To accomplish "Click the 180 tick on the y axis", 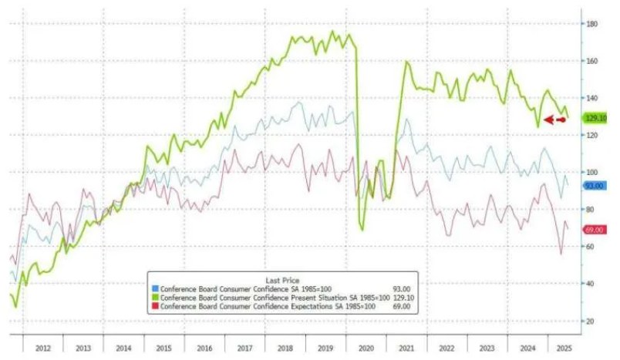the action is click(x=591, y=24).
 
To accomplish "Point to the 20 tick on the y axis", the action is click(x=590, y=321).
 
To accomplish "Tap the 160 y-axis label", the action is click(x=591, y=61).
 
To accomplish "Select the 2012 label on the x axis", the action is click(x=43, y=348).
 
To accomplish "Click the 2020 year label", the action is click(x=366, y=348).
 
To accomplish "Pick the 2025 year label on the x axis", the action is click(x=564, y=348).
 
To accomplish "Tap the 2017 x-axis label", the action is click(x=244, y=348).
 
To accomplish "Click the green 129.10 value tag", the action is click(x=595, y=118).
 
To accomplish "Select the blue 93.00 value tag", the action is click(x=594, y=186).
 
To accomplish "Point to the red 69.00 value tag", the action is click(x=594, y=230).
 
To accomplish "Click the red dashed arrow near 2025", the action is click(x=554, y=119).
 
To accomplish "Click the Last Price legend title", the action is click(x=282, y=280).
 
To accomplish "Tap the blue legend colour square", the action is click(x=156, y=289).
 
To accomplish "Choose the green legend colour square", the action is click(x=156, y=298).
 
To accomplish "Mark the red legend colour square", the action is click(x=156, y=306).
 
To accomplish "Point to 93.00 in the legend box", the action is click(x=401, y=289).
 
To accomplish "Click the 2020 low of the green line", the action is click(x=362, y=230).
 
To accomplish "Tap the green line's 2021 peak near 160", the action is click(x=406, y=62).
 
